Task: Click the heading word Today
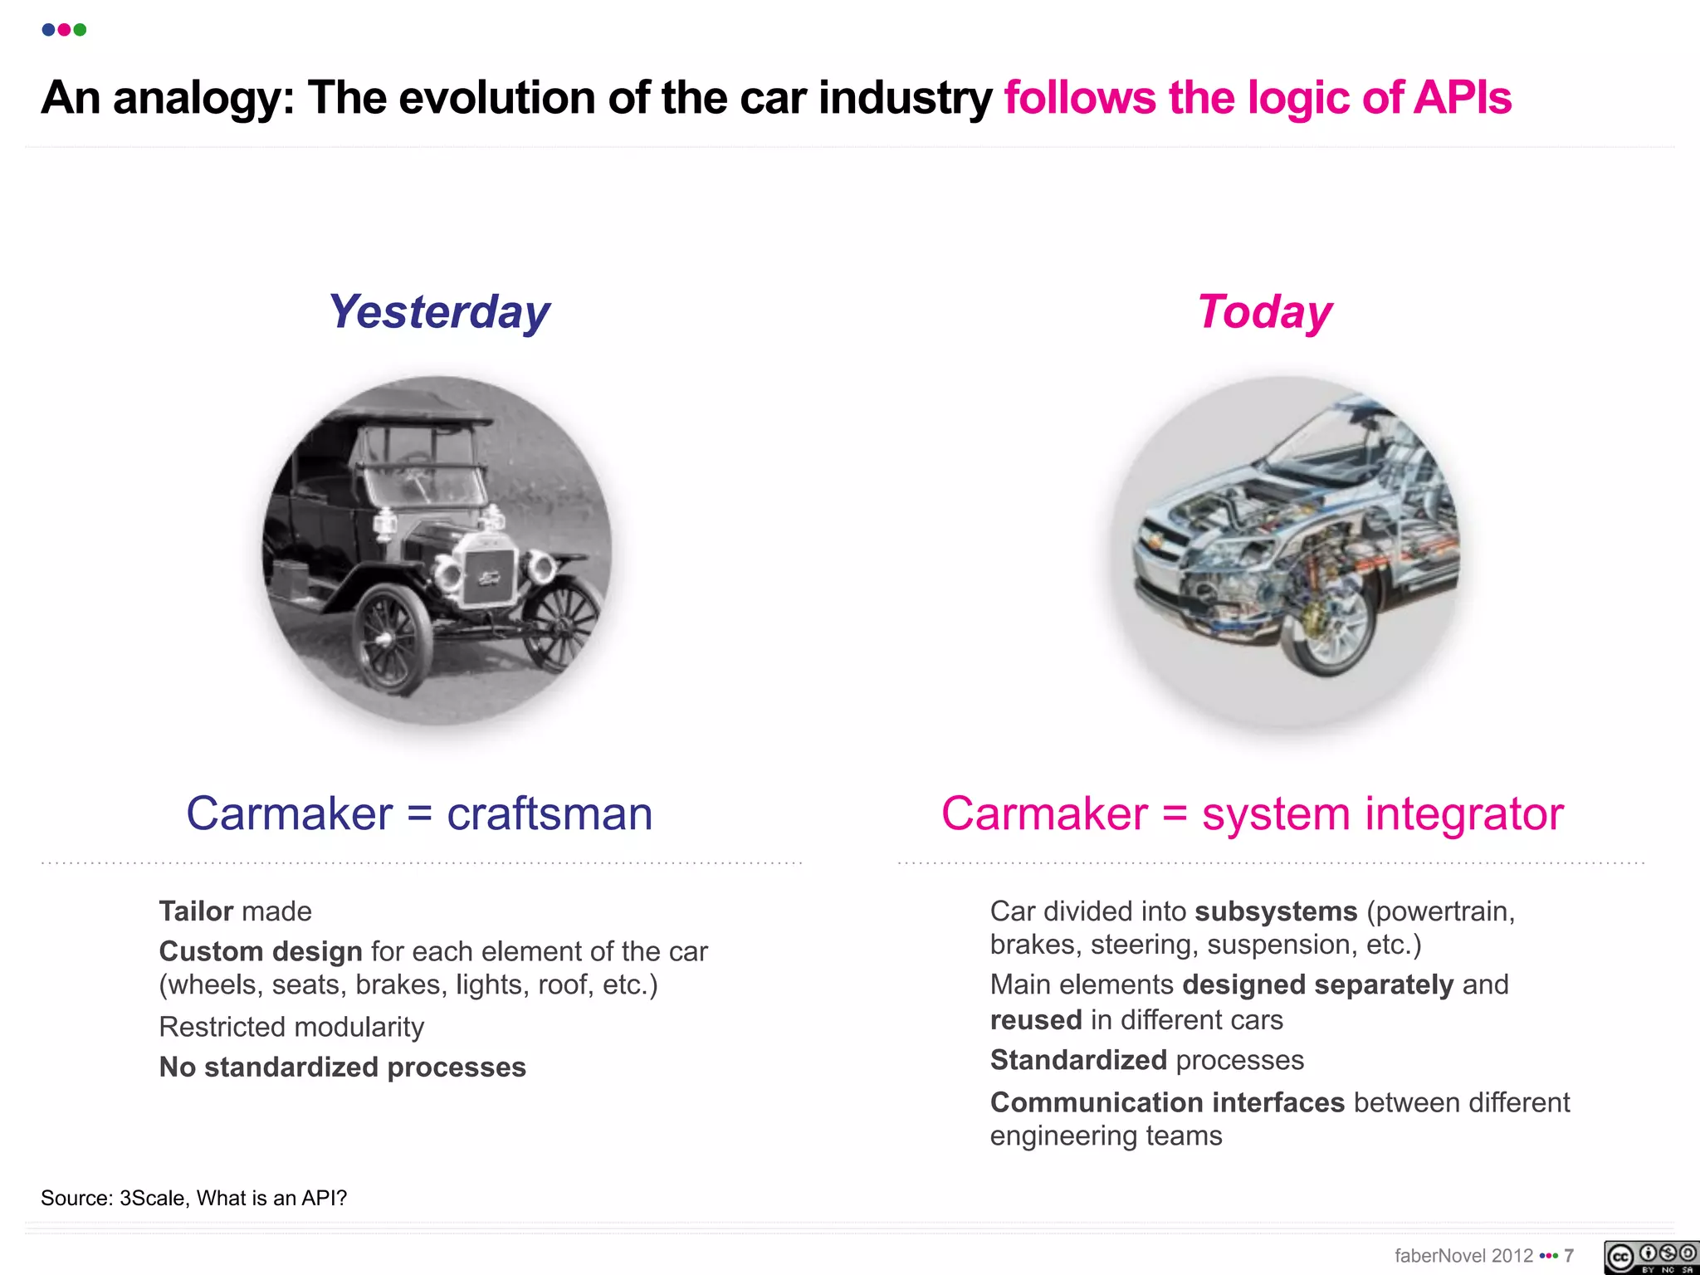1264,312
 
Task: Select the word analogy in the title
203,98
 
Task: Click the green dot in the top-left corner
80,30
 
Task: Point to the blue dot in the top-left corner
48,30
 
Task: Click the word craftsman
550,813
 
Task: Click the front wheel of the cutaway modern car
1328,631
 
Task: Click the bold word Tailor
196,911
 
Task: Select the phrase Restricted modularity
291,1027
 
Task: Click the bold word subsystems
1276,911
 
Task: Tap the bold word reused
1036,1020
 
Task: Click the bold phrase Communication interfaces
1167,1102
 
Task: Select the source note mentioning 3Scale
194,1198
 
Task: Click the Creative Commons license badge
1650,1257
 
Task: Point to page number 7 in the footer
1569,1256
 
